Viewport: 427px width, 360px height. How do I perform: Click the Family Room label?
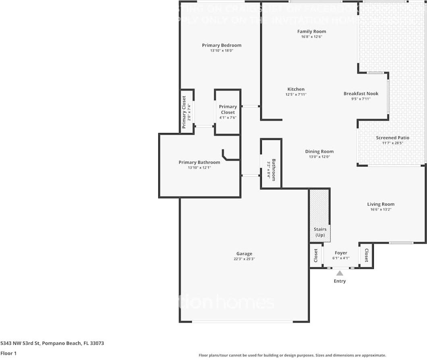click(x=311, y=31)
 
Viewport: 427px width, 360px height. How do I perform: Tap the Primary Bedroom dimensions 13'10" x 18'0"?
click(x=222, y=51)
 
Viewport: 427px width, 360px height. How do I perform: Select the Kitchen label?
click(x=296, y=89)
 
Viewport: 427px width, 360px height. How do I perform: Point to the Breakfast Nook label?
click(x=361, y=94)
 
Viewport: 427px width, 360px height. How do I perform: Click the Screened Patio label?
click(x=392, y=138)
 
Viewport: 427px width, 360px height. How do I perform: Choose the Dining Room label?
click(x=319, y=152)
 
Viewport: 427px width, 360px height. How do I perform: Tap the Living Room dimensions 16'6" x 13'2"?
click(x=381, y=210)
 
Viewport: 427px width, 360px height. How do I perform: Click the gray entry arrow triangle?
click(x=340, y=273)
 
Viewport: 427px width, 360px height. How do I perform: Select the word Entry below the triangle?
click(x=340, y=281)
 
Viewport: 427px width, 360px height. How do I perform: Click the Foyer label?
click(x=341, y=253)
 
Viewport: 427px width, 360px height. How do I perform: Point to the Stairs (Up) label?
click(x=320, y=232)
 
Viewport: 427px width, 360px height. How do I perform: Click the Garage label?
click(x=244, y=254)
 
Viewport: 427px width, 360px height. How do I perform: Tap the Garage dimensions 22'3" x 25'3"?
click(x=244, y=259)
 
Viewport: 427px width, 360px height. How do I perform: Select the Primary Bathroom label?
click(x=199, y=162)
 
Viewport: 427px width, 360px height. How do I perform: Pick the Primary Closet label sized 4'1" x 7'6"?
click(x=228, y=109)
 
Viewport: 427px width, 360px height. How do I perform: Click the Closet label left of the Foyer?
click(x=316, y=255)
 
